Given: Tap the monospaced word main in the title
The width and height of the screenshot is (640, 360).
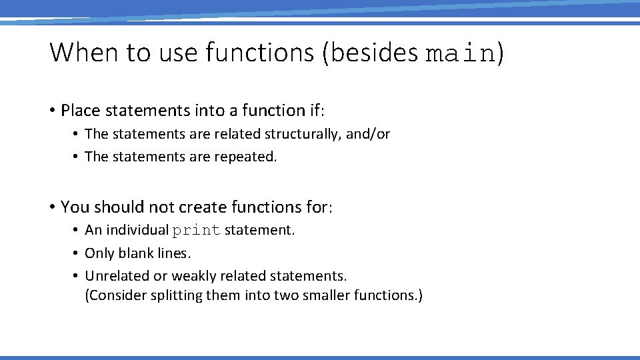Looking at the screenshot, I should tap(461, 53).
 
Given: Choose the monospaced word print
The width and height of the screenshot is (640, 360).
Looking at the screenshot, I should tap(196, 231).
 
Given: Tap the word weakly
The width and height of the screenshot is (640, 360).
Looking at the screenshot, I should tap(193, 276).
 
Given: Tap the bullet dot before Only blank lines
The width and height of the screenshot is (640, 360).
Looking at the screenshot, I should tap(77, 254).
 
